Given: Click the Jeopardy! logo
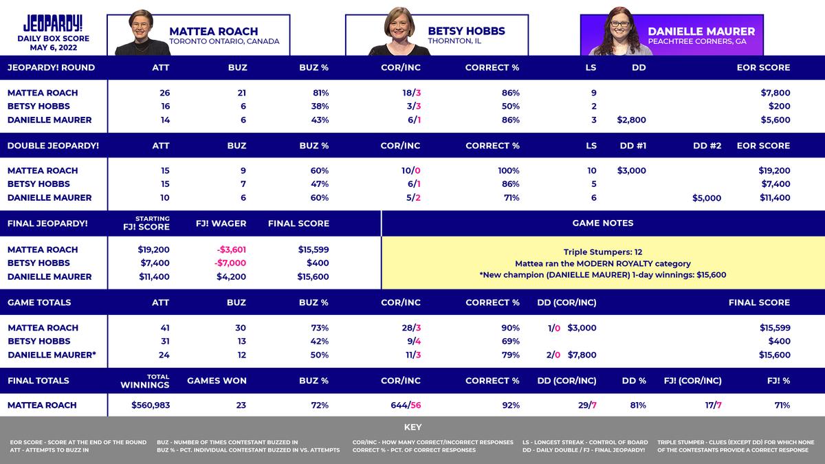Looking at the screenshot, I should tap(53, 23).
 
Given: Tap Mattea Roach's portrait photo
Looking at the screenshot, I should tap(142, 32).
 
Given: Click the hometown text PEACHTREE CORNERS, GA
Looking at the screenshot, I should tap(696, 42).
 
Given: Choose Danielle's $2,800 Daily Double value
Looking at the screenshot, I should tap(631, 120).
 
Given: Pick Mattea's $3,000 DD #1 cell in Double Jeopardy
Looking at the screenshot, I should tap(631, 170).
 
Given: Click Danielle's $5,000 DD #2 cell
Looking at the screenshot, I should tap(707, 198).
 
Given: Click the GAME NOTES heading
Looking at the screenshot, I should tap(602, 223).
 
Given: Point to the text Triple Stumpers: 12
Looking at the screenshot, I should tap(602, 252).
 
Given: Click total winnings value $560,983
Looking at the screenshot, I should tap(151, 406).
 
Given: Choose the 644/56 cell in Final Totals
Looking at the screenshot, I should tap(406, 406).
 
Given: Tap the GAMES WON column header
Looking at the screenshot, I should tap(217, 381).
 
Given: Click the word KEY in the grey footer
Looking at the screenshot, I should tap(412, 428).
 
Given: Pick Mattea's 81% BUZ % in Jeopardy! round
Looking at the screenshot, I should tap(320, 93).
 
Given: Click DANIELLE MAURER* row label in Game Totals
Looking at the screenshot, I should tap(52, 355).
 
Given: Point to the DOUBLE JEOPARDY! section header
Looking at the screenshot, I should tap(53, 146).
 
